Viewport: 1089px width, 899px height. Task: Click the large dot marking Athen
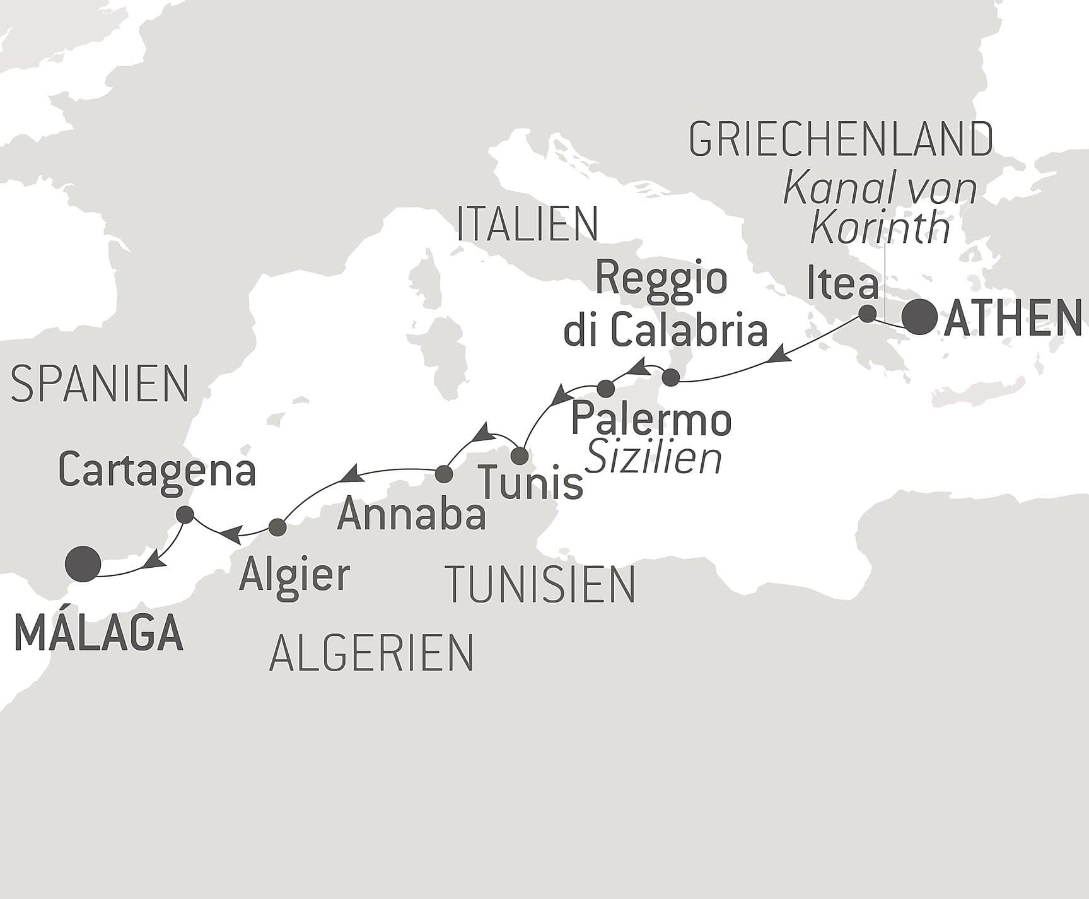(x=919, y=317)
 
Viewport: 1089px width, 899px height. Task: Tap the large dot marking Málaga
(x=83, y=563)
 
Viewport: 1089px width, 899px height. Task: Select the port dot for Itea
(x=868, y=314)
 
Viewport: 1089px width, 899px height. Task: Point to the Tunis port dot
(x=519, y=455)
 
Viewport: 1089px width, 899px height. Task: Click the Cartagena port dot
(x=185, y=515)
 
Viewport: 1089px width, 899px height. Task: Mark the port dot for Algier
(x=277, y=527)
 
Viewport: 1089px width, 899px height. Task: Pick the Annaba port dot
(x=444, y=473)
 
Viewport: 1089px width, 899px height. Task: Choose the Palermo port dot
(x=605, y=388)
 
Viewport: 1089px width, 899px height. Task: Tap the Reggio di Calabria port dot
(x=671, y=378)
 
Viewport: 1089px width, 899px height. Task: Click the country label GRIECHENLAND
(x=841, y=139)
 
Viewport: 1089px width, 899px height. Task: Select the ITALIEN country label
(x=527, y=224)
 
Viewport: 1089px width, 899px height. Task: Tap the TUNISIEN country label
(x=540, y=584)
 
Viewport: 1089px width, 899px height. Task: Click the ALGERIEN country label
(x=371, y=652)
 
